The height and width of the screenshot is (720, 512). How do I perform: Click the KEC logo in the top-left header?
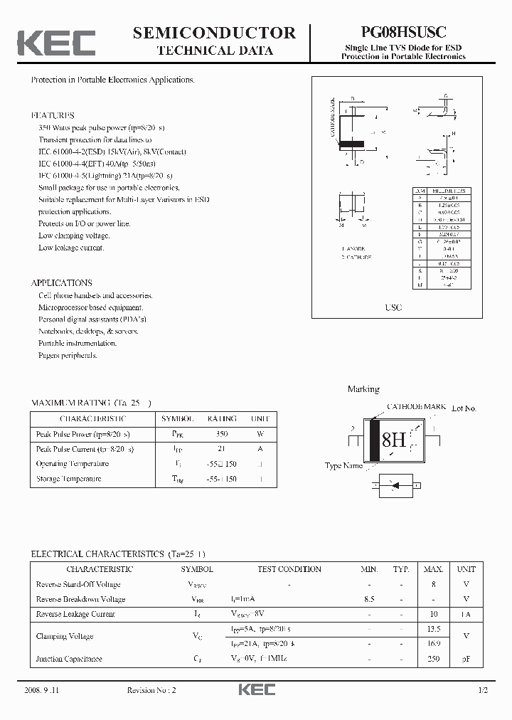point(56,43)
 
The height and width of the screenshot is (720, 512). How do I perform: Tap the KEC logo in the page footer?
point(256,690)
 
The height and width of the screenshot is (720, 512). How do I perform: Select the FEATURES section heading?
point(53,115)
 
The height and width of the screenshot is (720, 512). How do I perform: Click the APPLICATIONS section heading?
point(62,282)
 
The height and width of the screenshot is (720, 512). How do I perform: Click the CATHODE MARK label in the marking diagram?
point(416,407)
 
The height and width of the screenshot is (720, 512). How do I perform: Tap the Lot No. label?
point(464,408)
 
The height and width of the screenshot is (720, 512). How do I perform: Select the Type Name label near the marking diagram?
point(343,466)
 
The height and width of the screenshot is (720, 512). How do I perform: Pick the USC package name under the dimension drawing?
point(393,307)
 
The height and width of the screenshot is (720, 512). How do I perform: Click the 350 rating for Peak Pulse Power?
point(221,434)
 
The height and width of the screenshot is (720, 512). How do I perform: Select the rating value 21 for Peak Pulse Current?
point(221,449)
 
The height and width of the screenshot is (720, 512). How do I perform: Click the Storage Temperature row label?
point(68,479)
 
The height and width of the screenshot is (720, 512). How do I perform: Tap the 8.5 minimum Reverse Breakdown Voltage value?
point(368,599)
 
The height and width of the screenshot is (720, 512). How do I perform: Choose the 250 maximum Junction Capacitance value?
point(433,659)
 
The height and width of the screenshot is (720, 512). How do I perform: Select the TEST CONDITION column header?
point(289,569)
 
